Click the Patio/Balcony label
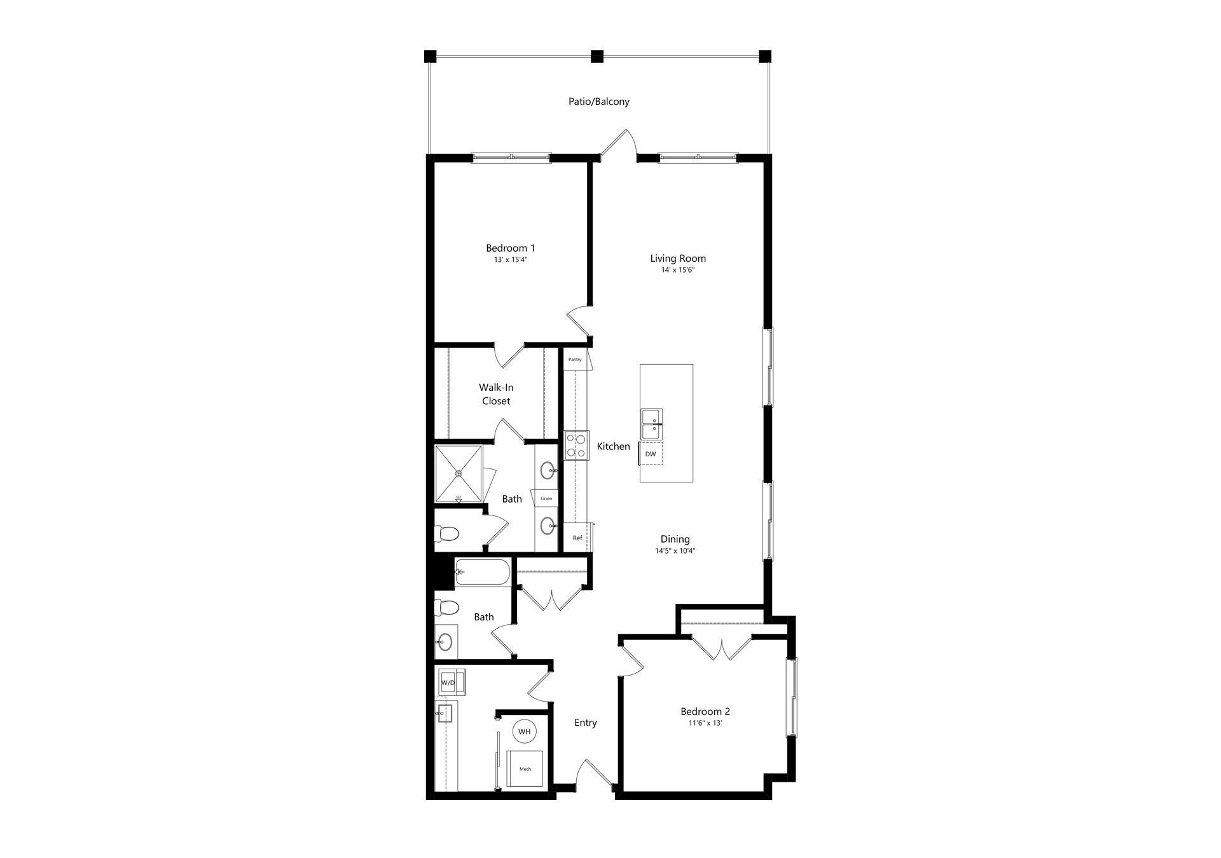[599, 102]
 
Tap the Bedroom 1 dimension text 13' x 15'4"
[510, 260]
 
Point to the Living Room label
[678, 259]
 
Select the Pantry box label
[575, 360]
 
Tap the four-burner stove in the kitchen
[576, 445]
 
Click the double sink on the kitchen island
[652, 424]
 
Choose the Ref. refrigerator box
[577, 538]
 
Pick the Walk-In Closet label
[496, 394]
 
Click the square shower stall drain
[458, 473]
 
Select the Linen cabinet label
[546, 499]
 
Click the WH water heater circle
[524, 732]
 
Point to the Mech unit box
[525, 769]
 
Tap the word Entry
[586, 723]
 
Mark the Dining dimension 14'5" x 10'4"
[675, 551]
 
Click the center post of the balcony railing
[597, 57]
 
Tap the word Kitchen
[614, 447]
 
